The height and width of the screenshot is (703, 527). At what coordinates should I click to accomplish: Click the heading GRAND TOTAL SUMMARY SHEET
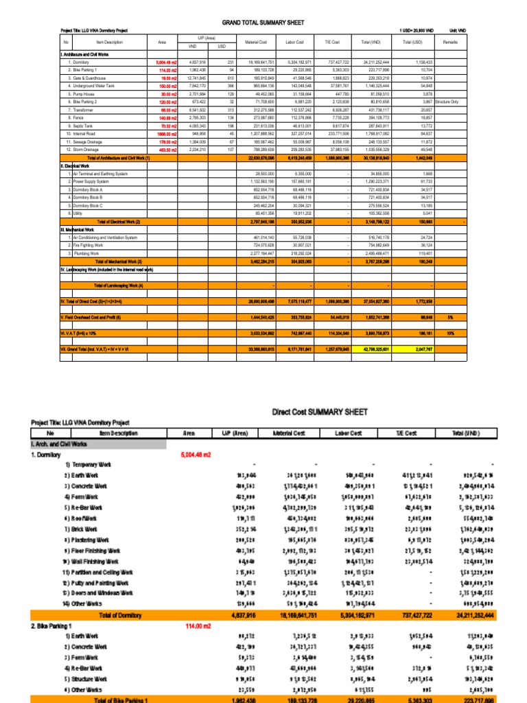(x=263, y=22)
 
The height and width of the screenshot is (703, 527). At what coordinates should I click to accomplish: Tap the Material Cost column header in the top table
(x=255, y=43)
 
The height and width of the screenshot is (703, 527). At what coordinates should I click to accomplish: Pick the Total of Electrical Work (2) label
(x=119, y=222)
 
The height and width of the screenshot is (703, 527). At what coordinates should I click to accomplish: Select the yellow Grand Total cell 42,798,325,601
(x=371, y=349)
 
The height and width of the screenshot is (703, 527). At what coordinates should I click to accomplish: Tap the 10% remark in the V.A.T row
(x=451, y=332)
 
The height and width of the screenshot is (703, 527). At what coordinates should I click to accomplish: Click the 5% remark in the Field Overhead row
(x=451, y=317)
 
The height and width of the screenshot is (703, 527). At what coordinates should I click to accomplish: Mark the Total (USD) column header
(x=413, y=43)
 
